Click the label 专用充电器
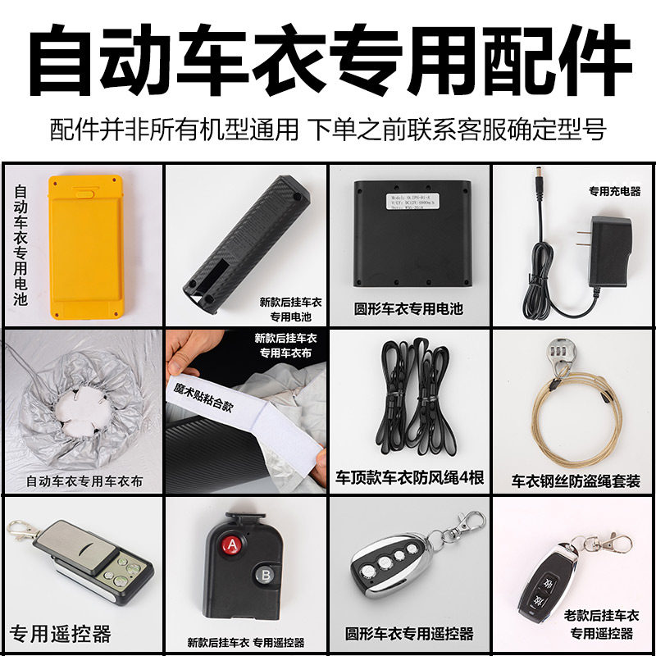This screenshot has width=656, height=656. (614, 192)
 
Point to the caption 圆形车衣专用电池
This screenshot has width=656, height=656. (408, 310)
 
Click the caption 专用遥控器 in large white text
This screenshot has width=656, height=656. (60, 633)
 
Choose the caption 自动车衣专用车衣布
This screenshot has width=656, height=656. (84, 481)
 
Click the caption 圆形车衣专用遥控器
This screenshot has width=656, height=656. (410, 634)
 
